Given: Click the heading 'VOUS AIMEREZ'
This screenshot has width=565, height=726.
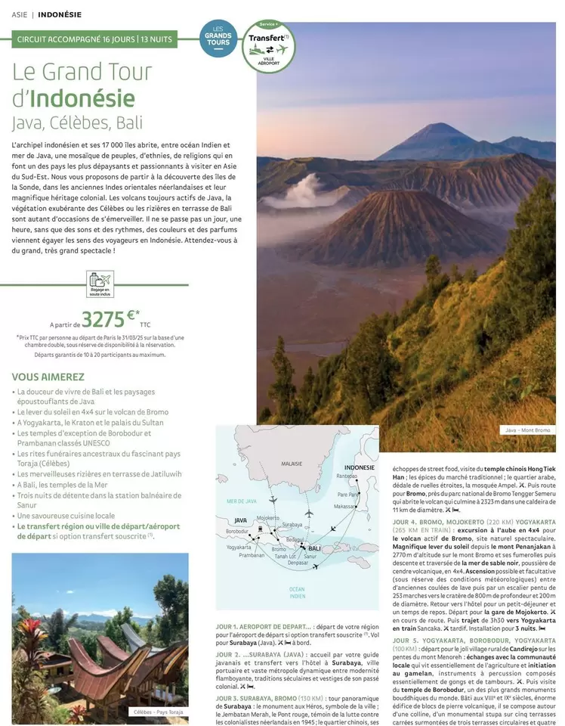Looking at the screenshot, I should (48, 377).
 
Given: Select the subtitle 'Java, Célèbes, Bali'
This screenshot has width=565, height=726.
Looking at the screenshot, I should (77, 123).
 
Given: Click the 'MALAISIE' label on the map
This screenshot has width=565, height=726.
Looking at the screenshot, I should (292, 463).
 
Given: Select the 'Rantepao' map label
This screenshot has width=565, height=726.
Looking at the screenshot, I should (347, 476).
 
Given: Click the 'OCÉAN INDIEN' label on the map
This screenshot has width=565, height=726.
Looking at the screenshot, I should (297, 592).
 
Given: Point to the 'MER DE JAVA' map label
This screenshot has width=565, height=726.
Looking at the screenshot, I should (242, 501).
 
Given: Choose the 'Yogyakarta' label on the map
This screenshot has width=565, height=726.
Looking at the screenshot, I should (239, 547).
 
